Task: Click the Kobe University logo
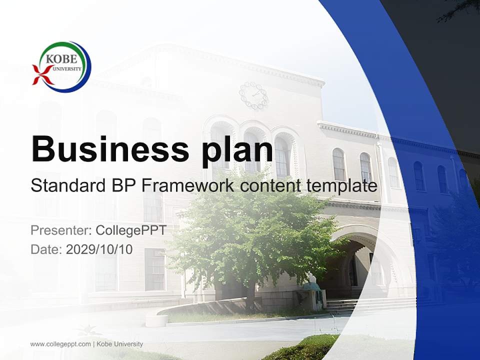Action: click(62, 67)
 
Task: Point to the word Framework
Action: click(188, 186)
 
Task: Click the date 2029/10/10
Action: click(99, 249)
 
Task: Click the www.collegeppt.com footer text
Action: click(60, 344)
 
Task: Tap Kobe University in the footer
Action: click(120, 344)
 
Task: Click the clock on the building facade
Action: click(253, 95)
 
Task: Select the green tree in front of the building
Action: click(250, 235)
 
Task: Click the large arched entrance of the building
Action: click(357, 265)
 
